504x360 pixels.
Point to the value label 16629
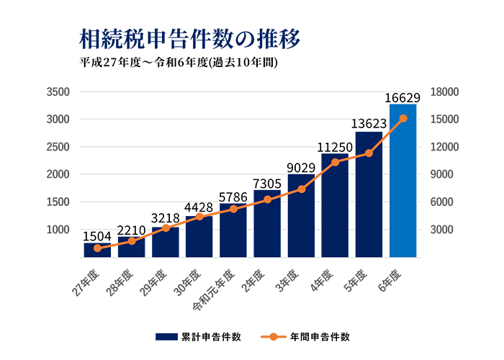tap(403, 97)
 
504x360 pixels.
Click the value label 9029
tap(302, 168)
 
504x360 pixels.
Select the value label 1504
tap(96, 236)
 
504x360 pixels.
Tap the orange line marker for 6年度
tap(403, 118)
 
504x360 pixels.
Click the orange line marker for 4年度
tap(335, 162)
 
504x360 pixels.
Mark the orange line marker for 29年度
tap(165, 228)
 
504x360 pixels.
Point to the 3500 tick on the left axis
tap(57, 92)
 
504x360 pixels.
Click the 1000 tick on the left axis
tap(57, 230)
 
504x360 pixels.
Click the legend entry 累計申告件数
tap(210, 336)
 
